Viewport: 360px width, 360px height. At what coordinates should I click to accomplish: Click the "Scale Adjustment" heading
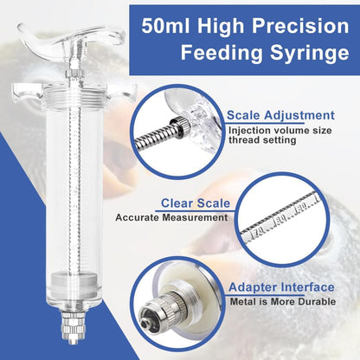280,115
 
